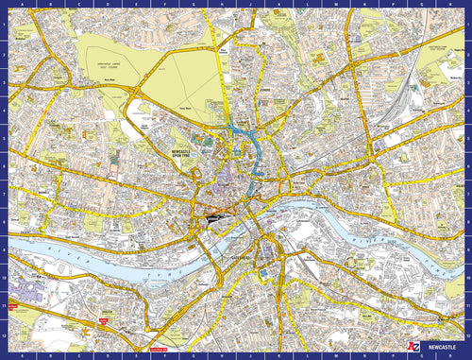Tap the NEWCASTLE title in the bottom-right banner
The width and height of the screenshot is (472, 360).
pos(441,347)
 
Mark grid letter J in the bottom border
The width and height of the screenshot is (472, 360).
pos(237,356)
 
